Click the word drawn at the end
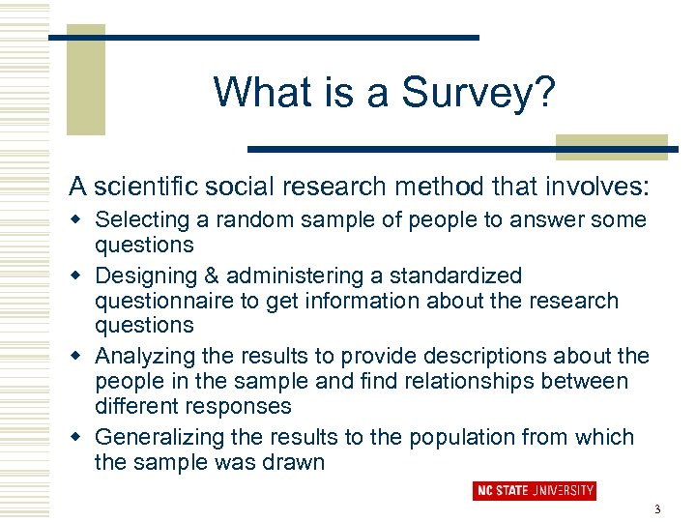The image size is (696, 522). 298,462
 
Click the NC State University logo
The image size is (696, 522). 535,491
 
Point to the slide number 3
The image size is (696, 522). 657,509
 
